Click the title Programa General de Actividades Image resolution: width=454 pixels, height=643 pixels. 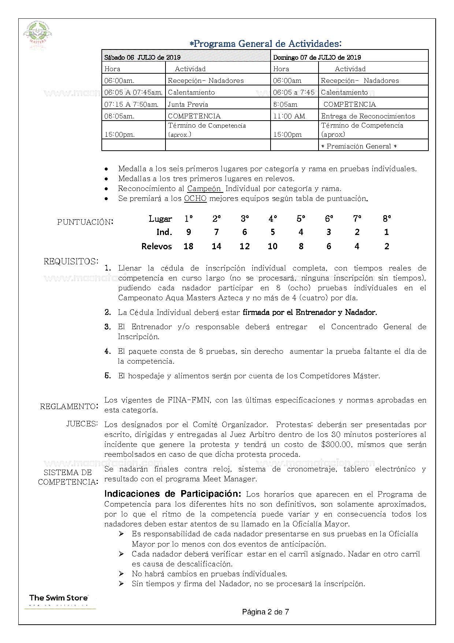point(266,44)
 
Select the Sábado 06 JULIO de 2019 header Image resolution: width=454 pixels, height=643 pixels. point(142,57)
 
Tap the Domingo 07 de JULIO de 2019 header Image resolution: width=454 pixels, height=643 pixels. point(317,57)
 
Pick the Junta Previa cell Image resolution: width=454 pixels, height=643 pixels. point(188,104)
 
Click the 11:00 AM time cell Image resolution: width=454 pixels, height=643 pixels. point(289,116)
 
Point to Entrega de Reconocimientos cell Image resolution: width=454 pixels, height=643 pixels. point(368,116)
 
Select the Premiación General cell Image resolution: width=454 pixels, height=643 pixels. point(359,146)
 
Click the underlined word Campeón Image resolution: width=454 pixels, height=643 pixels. point(204,189)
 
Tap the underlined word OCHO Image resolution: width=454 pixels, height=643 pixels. point(195,199)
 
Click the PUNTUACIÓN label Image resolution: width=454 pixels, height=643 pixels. point(85,222)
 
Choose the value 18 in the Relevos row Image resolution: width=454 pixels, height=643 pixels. point(188,246)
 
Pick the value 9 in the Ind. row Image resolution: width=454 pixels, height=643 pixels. point(189,232)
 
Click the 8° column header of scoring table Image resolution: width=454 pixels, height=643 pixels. point(387,219)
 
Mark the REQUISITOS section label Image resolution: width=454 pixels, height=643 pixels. point(71,261)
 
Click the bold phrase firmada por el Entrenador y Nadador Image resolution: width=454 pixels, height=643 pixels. point(310,312)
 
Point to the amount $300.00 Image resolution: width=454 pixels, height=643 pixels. point(336,445)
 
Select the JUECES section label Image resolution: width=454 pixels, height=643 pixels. point(82,424)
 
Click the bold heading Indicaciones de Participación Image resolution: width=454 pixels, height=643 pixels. point(173,494)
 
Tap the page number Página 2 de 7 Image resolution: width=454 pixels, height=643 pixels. point(265,612)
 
